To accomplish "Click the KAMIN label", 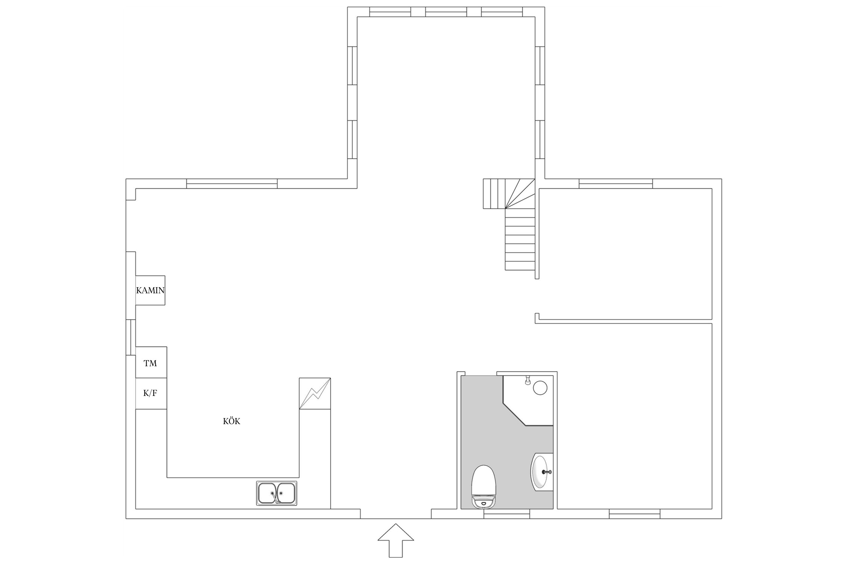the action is coord(150,290).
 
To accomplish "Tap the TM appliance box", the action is coord(151,362).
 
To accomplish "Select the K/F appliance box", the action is coord(151,394).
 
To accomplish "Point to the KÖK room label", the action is coord(232,421).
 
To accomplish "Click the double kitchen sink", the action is coord(277,493).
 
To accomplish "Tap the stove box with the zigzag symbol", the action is coord(315,393).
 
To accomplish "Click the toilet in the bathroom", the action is coord(484,487).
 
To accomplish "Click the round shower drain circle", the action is coord(540,388).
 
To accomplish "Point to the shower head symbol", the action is coord(528,380).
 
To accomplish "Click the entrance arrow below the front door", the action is coord(396,540).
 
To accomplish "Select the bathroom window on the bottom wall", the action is coord(506,514).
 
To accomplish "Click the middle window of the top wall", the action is coord(446,12).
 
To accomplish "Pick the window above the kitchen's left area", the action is coord(232,183).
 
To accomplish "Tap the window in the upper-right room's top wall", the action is coord(616,183).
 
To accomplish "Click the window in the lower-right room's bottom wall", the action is coord(635,514).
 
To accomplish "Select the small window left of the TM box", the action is coord(130,337).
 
